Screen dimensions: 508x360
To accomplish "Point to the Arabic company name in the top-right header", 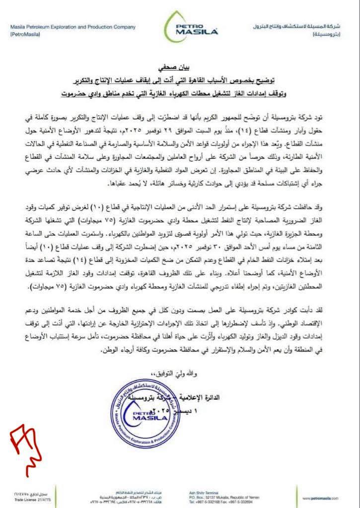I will [x=303, y=26].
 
